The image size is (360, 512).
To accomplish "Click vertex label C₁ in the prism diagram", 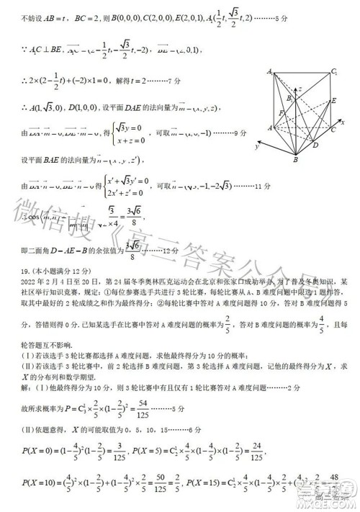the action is tap(334, 72).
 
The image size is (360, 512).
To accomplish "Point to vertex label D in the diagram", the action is tap(316, 144).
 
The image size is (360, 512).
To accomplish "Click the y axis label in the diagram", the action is tap(256, 146).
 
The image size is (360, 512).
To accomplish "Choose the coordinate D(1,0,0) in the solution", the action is tap(82, 107).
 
